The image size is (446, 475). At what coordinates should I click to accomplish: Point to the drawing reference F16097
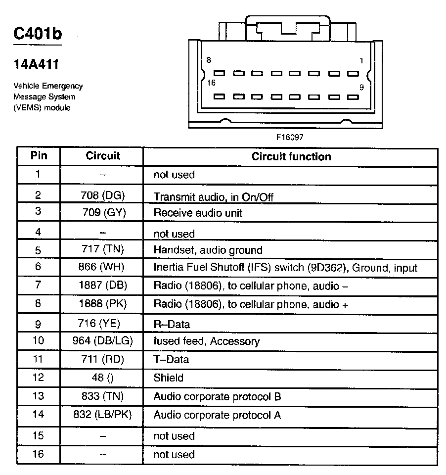tap(290, 137)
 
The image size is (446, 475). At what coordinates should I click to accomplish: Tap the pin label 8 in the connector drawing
tap(209, 60)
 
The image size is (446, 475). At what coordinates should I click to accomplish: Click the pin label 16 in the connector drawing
tap(211, 83)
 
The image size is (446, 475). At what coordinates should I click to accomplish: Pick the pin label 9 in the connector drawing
tap(361, 87)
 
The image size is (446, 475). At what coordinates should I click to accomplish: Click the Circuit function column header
tap(291, 157)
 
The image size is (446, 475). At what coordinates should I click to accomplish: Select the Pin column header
tap(39, 156)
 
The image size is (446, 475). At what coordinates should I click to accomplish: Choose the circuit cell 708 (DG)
tap(103, 195)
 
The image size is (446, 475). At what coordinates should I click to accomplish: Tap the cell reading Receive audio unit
tap(198, 214)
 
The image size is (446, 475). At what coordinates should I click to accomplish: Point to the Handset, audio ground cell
tap(208, 250)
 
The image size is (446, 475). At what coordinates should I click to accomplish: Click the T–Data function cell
tap(171, 360)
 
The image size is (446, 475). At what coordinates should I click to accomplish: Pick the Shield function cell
tap(169, 378)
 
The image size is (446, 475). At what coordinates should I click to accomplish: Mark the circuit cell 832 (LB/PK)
tap(103, 415)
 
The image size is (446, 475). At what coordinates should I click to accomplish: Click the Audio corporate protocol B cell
tap(218, 397)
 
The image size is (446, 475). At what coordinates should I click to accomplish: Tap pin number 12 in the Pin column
tap(39, 378)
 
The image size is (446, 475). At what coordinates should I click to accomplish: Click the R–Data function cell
tap(172, 325)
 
